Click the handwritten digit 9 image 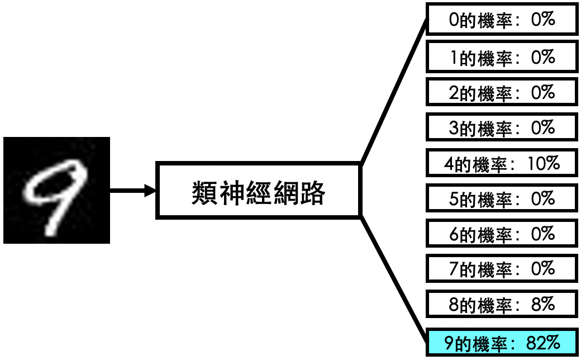point(56,190)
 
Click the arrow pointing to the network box point(133,191)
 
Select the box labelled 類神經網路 point(258,190)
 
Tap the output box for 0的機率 point(502,19)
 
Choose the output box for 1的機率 point(502,56)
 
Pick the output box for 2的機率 point(502,92)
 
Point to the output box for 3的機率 point(502,127)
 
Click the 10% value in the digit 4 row point(544,163)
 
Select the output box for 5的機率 point(502,198)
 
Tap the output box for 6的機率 point(502,234)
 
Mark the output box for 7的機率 point(502,268)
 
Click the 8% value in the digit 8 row point(543,304)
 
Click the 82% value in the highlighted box point(543,343)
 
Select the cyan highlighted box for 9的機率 point(502,342)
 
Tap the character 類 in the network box point(204,193)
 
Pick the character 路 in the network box point(312,193)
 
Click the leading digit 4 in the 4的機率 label point(449,163)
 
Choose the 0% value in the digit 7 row point(543,268)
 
